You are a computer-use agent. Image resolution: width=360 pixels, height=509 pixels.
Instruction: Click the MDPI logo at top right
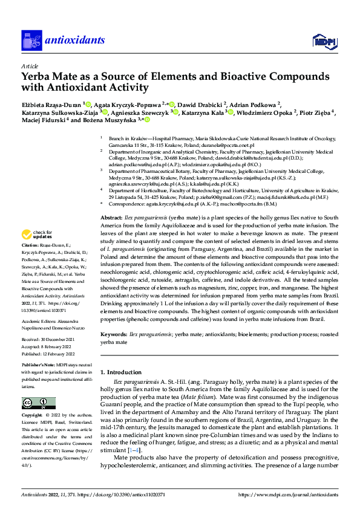(324, 41)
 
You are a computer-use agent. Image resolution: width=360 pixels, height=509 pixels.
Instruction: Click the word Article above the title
(30, 66)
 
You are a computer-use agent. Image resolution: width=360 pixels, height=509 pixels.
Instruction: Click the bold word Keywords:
(114, 334)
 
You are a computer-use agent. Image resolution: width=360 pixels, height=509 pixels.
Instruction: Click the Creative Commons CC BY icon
(39, 403)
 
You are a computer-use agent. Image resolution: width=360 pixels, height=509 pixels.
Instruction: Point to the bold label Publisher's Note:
(39, 366)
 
